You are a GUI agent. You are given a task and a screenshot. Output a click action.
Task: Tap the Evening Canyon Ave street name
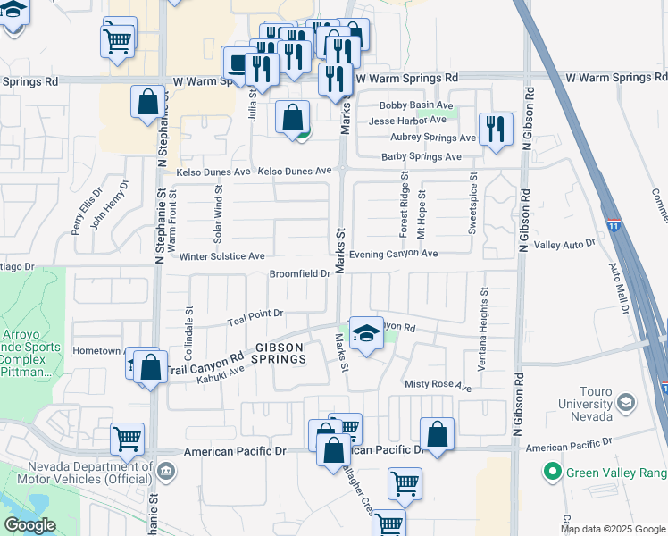393,254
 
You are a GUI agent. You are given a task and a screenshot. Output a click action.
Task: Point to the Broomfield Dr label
300,274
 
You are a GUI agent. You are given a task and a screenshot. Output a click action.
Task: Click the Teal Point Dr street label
255,314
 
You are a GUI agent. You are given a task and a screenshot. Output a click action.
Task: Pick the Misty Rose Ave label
437,387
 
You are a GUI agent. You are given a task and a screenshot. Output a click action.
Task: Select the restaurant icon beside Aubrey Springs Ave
494,128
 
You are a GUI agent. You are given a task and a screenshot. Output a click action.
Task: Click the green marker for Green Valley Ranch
553,471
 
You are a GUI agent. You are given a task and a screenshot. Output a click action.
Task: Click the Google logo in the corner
30,525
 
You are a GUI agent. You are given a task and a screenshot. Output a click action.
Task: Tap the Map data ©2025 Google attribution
612,529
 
